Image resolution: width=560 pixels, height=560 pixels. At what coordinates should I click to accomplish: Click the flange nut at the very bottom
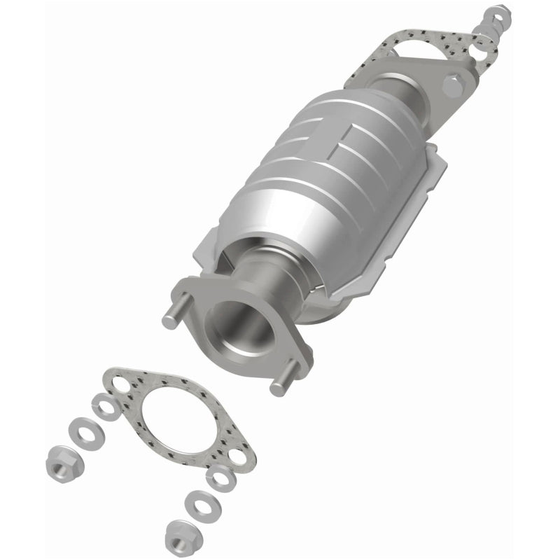178,537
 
